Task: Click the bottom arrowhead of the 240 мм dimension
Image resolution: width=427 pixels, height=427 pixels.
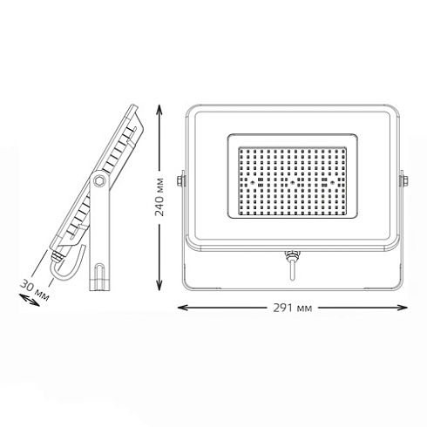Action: [x=158, y=289]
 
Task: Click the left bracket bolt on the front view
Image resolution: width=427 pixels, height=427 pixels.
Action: [x=180, y=181]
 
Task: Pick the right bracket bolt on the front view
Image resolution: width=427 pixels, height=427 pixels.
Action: [x=403, y=181]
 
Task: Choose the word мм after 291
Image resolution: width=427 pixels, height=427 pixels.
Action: [x=304, y=308]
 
